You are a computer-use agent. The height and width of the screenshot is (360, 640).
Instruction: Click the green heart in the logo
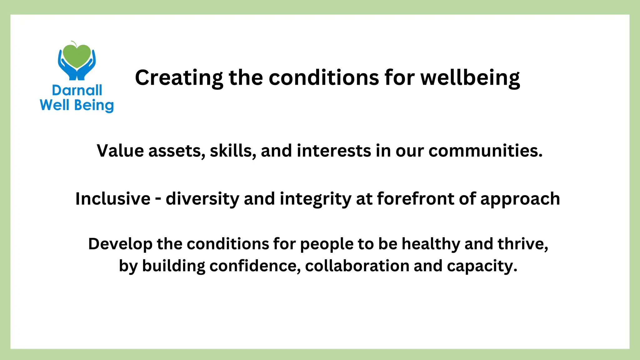(77, 56)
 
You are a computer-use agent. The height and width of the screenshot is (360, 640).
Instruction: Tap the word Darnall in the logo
(77, 90)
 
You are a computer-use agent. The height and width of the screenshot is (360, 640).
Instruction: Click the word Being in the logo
(94, 106)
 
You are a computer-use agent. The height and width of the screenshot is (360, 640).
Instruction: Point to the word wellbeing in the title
(470, 78)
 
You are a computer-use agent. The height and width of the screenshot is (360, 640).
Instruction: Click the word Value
(120, 151)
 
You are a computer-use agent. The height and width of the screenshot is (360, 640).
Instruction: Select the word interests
(334, 151)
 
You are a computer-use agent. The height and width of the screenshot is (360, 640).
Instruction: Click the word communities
(486, 151)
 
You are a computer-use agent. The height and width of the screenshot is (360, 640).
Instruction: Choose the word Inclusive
(113, 199)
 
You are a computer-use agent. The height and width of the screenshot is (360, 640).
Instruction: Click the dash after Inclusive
(158, 199)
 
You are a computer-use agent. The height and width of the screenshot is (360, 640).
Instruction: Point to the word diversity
(202, 199)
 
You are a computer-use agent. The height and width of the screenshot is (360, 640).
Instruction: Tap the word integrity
(315, 199)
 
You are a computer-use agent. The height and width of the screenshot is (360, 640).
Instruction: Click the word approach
(520, 199)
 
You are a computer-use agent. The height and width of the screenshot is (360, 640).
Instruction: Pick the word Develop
(120, 244)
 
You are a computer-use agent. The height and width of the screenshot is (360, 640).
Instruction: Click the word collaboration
(357, 266)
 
